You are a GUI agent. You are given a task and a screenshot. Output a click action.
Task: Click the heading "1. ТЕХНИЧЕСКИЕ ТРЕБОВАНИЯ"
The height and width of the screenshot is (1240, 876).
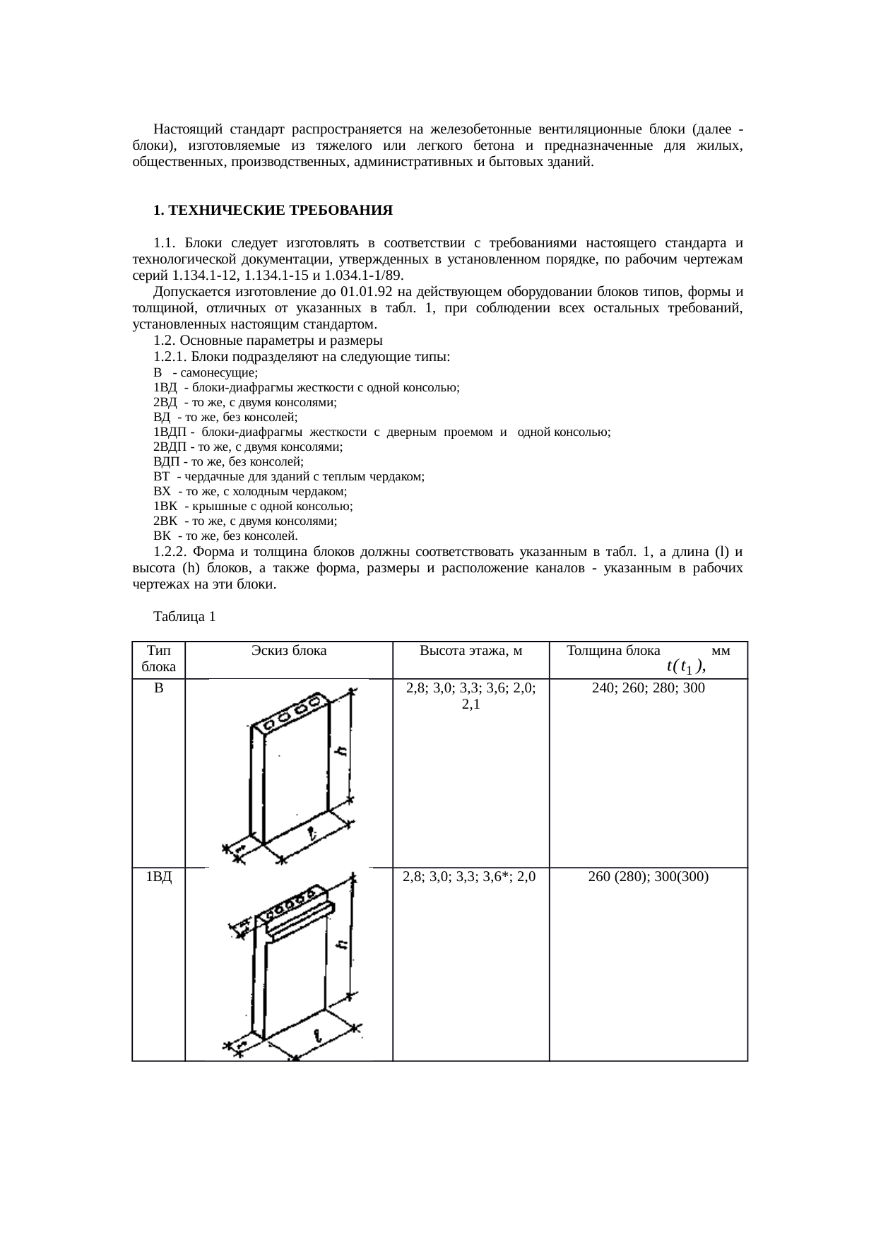click(273, 211)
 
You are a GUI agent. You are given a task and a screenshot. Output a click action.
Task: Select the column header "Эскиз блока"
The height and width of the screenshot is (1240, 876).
click(289, 651)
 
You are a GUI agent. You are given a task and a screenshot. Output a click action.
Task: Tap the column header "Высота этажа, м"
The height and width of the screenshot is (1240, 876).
click(470, 651)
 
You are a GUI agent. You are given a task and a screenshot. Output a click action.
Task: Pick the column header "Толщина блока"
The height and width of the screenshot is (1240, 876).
click(614, 651)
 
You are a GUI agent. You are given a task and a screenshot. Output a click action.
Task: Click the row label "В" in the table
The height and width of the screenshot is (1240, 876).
click(159, 687)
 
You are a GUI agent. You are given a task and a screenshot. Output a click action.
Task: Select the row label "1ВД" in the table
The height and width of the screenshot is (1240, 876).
click(159, 877)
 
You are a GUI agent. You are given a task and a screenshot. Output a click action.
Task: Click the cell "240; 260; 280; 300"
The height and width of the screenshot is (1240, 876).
click(648, 687)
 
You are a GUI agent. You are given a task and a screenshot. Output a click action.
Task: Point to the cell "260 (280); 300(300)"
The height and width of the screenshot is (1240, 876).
click(648, 877)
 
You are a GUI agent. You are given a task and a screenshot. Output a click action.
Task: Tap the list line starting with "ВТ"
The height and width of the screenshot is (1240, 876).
click(288, 477)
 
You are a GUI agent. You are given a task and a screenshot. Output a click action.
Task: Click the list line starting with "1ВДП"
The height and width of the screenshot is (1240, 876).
click(381, 432)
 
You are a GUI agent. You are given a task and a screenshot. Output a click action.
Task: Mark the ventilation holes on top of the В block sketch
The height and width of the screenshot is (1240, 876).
click(292, 716)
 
